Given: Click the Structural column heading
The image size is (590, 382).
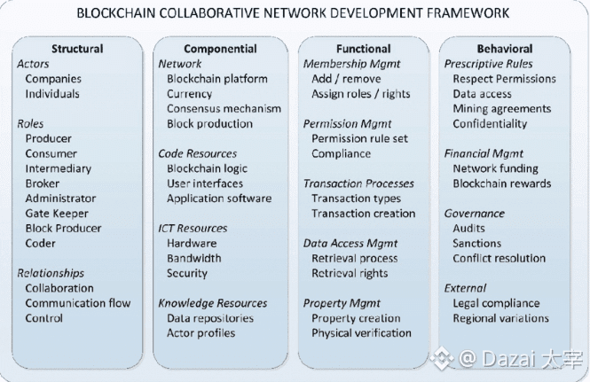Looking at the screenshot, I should pos(77,49).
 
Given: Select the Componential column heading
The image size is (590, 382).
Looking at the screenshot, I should pos(220,49).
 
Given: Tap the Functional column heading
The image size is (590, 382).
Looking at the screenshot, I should pos(364,49).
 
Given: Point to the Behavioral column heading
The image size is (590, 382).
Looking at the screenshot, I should pos(505,49).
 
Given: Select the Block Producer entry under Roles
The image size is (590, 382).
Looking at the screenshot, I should pos(63,228).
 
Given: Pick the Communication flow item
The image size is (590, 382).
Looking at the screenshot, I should pos(77,303).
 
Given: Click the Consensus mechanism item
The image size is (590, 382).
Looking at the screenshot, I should pos(224,109).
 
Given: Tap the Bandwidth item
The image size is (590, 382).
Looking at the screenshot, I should pos(194,258).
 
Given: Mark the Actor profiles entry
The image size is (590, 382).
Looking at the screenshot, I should pos(201,333).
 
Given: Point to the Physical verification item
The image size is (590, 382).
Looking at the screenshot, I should pos(361,333).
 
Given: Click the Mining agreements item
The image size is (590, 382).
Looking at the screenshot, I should pos(500,109).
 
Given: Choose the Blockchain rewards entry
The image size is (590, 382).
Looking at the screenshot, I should pos(501,183).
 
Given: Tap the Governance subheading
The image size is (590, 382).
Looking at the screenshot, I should pos(475,214).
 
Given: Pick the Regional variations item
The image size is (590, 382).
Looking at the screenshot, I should pos(500,318).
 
